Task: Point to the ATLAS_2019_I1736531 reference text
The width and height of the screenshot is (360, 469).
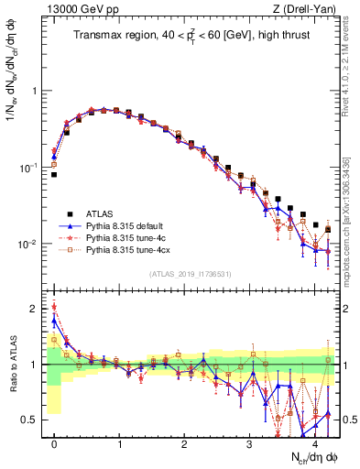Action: (191, 274)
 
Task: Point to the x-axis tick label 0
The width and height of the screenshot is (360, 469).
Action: (55, 442)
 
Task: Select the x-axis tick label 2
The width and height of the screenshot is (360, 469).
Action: (184, 442)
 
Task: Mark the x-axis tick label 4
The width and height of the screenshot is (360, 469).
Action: (313, 442)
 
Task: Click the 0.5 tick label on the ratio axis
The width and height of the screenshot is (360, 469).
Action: (31, 420)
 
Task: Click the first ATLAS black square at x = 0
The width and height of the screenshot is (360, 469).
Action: (55, 174)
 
